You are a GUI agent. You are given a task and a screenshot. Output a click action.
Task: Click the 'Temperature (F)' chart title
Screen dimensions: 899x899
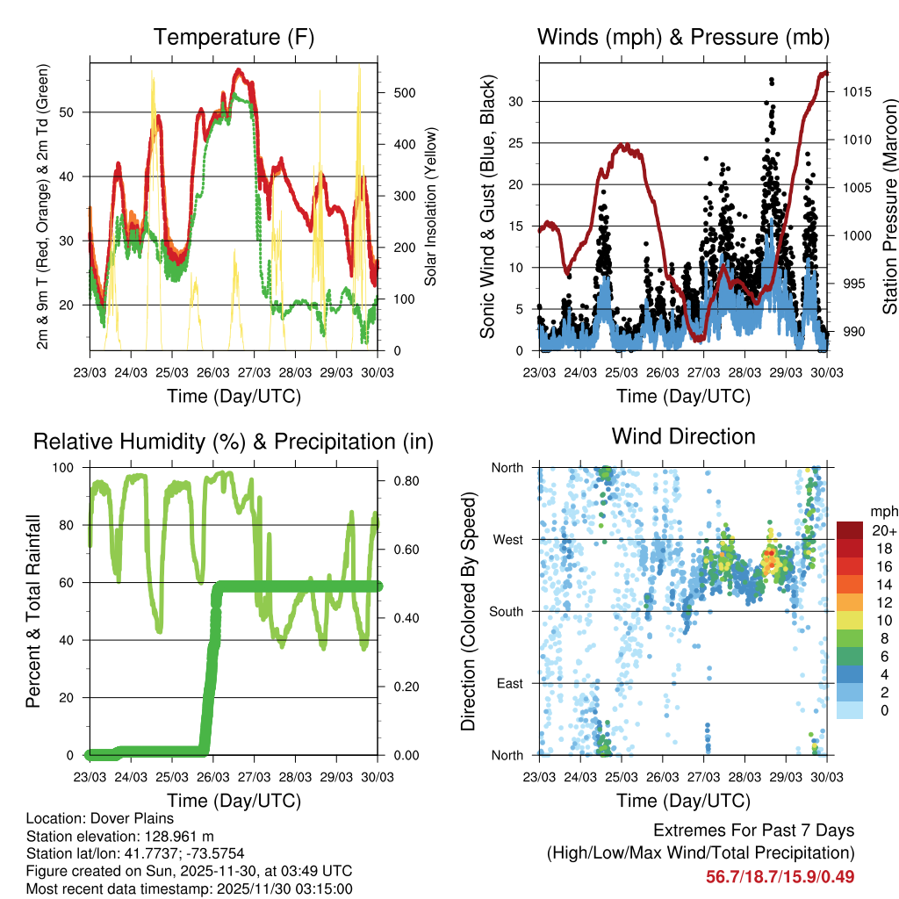(234, 38)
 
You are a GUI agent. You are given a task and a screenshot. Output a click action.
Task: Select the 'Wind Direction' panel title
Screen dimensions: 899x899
(683, 436)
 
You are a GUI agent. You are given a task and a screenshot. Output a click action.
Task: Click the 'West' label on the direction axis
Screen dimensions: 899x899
(507, 539)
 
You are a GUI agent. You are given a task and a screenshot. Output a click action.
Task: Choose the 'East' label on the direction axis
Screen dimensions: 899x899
(508, 683)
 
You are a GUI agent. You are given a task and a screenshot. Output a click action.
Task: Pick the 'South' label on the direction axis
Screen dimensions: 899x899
(505, 611)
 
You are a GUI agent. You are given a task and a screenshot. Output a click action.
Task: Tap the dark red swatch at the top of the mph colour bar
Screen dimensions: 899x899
(849, 530)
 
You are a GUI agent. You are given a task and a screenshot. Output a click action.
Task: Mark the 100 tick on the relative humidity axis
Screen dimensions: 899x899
(69, 467)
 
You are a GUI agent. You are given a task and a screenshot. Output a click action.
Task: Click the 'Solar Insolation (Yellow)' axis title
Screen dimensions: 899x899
(431, 206)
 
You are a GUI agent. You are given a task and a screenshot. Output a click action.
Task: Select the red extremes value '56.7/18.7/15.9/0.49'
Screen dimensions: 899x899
(780, 876)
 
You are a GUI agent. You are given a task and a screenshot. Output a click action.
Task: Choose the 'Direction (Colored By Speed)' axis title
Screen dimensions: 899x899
(468, 610)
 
